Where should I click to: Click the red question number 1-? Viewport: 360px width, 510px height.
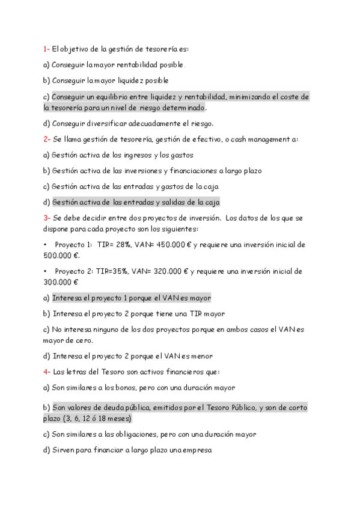coord(46,49)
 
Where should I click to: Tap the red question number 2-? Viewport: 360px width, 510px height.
coord(47,139)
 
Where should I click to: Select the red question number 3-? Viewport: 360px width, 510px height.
coord(47,217)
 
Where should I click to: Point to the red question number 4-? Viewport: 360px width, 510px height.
coord(47,372)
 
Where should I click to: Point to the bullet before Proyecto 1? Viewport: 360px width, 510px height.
coord(45,245)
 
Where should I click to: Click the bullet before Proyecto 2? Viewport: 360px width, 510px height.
coord(45,271)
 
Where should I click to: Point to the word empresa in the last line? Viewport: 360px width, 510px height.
coord(196,449)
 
